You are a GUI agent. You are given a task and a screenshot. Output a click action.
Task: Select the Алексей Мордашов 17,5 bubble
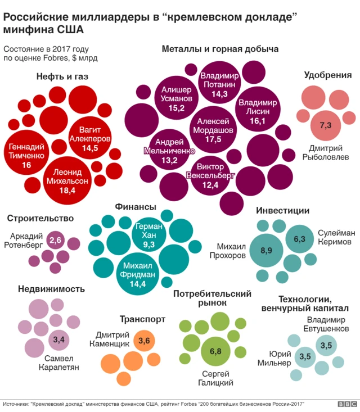(x=213, y=130)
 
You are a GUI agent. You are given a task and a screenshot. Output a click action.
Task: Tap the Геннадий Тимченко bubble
(x=26, y=156)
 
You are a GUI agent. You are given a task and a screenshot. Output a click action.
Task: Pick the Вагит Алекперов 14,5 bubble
(x=90, y=139)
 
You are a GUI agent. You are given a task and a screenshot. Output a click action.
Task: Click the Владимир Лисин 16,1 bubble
(x=257, y=111)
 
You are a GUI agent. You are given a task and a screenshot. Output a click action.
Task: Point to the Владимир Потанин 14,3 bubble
(x=219, y=84)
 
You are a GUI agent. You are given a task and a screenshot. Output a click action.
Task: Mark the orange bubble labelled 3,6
(x=144, y=341)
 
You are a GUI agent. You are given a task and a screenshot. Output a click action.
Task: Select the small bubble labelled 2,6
(x=55, y=241)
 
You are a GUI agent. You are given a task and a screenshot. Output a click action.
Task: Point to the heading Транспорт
(x=142, y=319)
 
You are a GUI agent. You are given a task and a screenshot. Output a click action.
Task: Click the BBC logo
(x=343, y=404)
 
